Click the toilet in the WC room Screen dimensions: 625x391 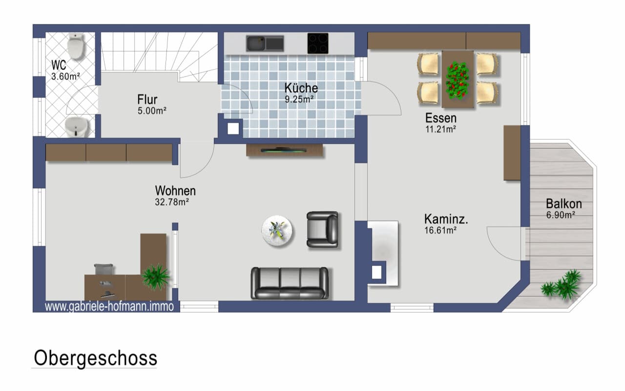(76, 46)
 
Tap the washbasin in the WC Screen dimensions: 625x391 (77, 127)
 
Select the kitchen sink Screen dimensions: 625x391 (265, 43)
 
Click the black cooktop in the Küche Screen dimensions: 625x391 (318, 43)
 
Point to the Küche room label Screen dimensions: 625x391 (301, 88)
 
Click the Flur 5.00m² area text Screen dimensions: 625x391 (152, 111)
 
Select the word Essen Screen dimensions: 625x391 (441, 118)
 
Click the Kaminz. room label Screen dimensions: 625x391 (446, 219)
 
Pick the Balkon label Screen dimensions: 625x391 (564, 204)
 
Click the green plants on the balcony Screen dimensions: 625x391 (562, 284)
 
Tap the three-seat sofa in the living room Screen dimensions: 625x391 (290, 283)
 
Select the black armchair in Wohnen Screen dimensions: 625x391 (323, 230)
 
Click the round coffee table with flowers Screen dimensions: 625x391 (277, 231)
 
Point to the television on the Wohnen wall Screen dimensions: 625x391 (284, 151)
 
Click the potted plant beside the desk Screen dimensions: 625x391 (155, 276)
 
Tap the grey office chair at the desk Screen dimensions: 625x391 (104, 269)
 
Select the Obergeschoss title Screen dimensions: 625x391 (95, 358)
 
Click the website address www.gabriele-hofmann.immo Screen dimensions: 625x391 (109, 306)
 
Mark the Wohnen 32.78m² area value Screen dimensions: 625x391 (172, 202)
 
